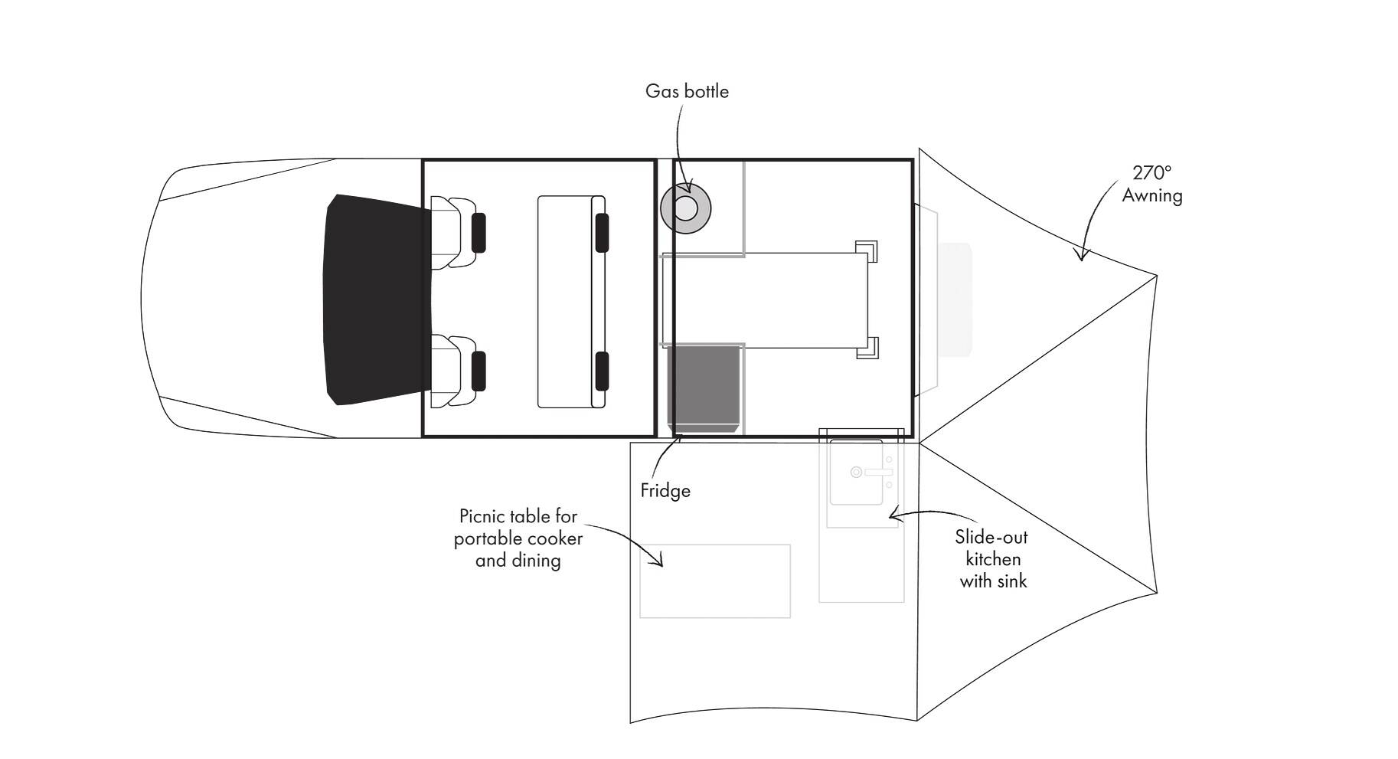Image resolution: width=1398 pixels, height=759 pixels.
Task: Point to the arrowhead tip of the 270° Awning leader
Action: pyautogui.click(x=1081, y=261)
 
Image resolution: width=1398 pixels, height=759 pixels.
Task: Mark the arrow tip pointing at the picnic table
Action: pyautogui.click(x=661, y=566)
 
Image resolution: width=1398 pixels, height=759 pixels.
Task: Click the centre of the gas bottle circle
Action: pyautogui.click(x=685, y=208)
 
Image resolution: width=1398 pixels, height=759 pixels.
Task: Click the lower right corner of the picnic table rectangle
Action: pyautogui.click(x=790, y=617)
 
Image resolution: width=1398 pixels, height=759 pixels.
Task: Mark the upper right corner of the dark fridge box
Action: pyautogui.click(x=742, y=346)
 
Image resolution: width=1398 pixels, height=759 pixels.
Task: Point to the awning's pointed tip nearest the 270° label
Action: pyautogui.click(x=1156, y=274)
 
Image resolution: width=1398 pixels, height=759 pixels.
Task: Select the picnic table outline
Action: pyautogui.click(x=715, y=581)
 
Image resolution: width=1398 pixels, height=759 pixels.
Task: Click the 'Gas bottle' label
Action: pyautogui.click(x=687, y=91)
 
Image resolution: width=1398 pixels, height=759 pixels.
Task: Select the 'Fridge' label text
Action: pyautogui.click(x=665, y=490)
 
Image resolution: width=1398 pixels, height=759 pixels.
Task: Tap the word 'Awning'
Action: pyautogui.click(x=1152, y=196)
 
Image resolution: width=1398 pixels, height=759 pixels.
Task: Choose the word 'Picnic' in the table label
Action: pyautogui.click(x=482, y=515)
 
